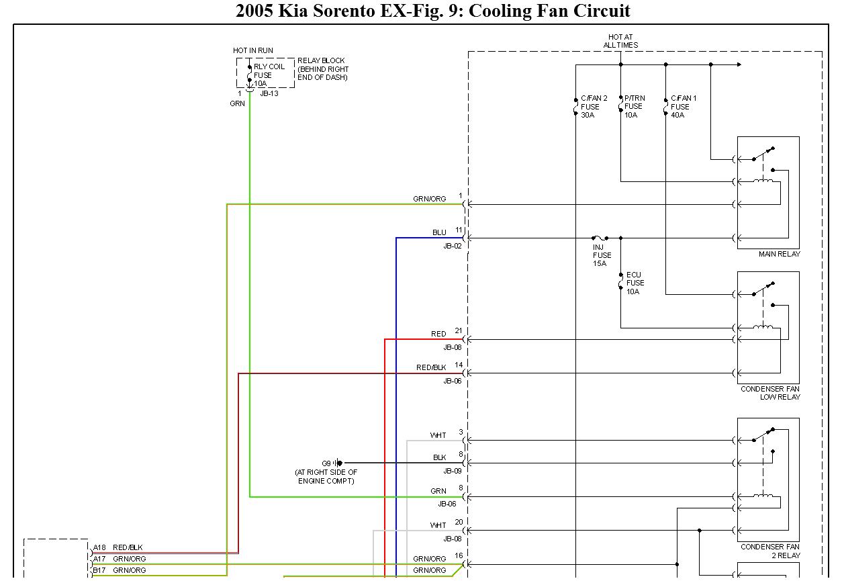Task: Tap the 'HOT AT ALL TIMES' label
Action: tap(620, 41)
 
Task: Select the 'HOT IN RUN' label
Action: tap(253, 50)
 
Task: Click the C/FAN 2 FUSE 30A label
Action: tap(594, 106)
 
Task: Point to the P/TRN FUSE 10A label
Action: tap(633, 106)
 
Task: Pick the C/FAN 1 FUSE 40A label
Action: tap(683, 106)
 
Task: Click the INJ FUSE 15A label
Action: tap(602, 255)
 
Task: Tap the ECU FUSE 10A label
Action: tap(634, 283)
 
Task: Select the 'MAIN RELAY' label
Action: tap(779, 254)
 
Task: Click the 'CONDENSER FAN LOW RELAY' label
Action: tap(770, 393)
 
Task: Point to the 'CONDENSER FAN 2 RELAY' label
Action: tap(770, 551)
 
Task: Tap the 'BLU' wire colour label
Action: tap(439, 232)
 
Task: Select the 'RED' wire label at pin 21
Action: tap(438, 334)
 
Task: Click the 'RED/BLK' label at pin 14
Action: tap(431, 367)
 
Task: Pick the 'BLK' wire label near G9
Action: tap(439, 457)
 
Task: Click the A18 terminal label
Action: tap(99, 547)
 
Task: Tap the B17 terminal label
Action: tap(99, 570)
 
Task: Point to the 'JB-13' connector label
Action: tap(269, 93)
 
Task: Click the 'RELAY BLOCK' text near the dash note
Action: tap(321, 60)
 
